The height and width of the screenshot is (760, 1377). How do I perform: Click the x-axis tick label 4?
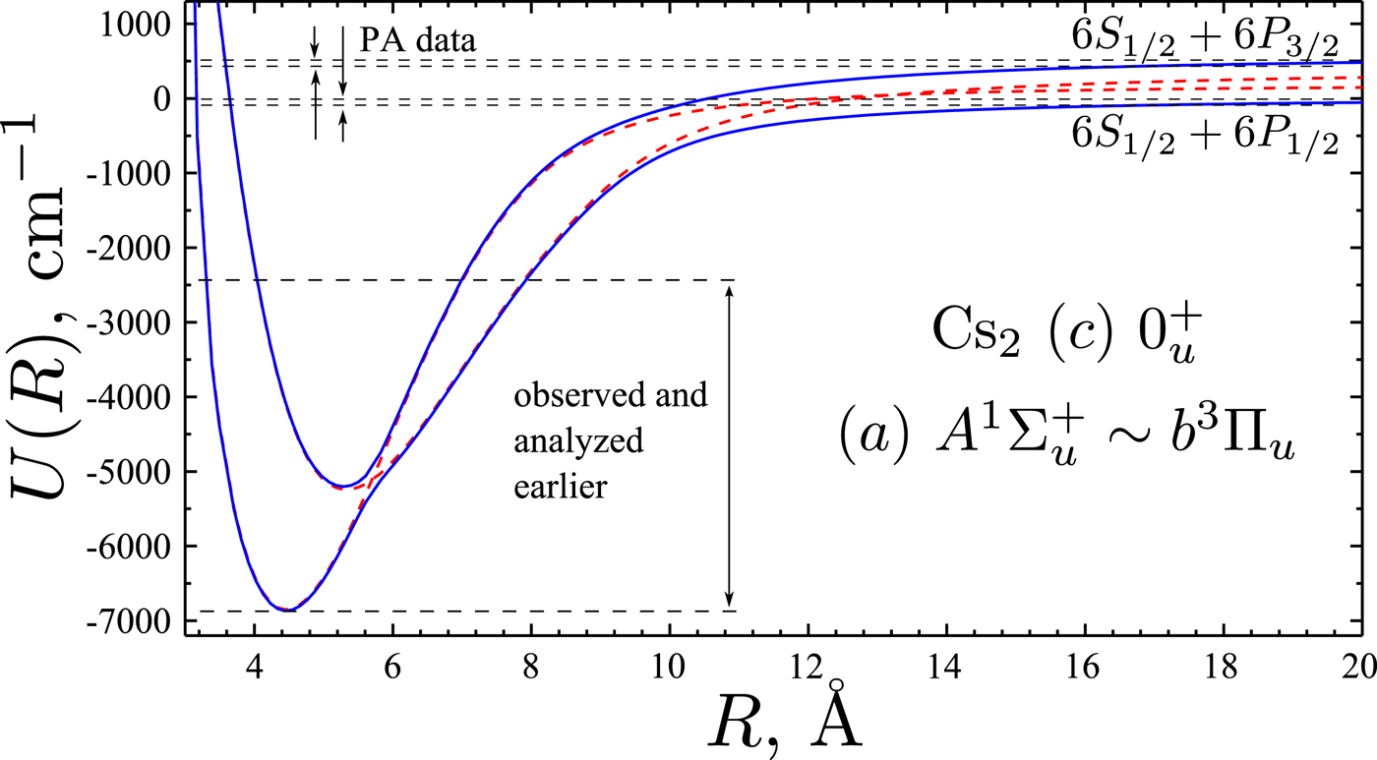[x=254, y=661]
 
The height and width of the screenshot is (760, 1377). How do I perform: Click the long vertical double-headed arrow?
[x=729, y=445]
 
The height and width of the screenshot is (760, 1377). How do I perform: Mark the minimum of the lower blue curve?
[x=285, y=610]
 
